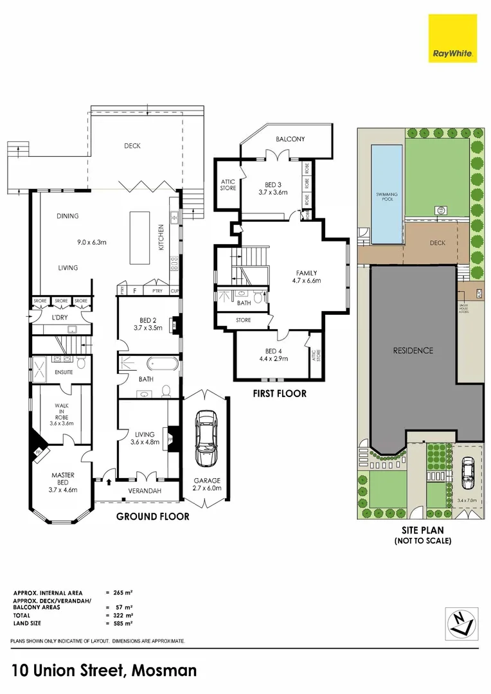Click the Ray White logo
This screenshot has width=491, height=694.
[453, 38]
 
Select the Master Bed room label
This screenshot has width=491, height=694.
[63, 479]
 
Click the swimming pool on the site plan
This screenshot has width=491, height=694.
[387, 194]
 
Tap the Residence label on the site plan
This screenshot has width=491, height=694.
[413, 351]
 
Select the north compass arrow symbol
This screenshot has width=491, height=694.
[461, 623]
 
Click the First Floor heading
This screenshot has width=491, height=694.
[279, 393]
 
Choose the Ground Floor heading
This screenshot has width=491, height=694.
[152, 516]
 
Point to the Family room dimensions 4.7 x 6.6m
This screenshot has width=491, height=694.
[307, 281]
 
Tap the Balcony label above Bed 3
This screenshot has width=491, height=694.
[290, 139]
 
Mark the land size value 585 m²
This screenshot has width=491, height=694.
[123, 623]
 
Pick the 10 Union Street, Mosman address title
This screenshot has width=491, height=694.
[103, 671]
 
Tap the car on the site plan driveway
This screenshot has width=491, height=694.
[468, 473]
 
